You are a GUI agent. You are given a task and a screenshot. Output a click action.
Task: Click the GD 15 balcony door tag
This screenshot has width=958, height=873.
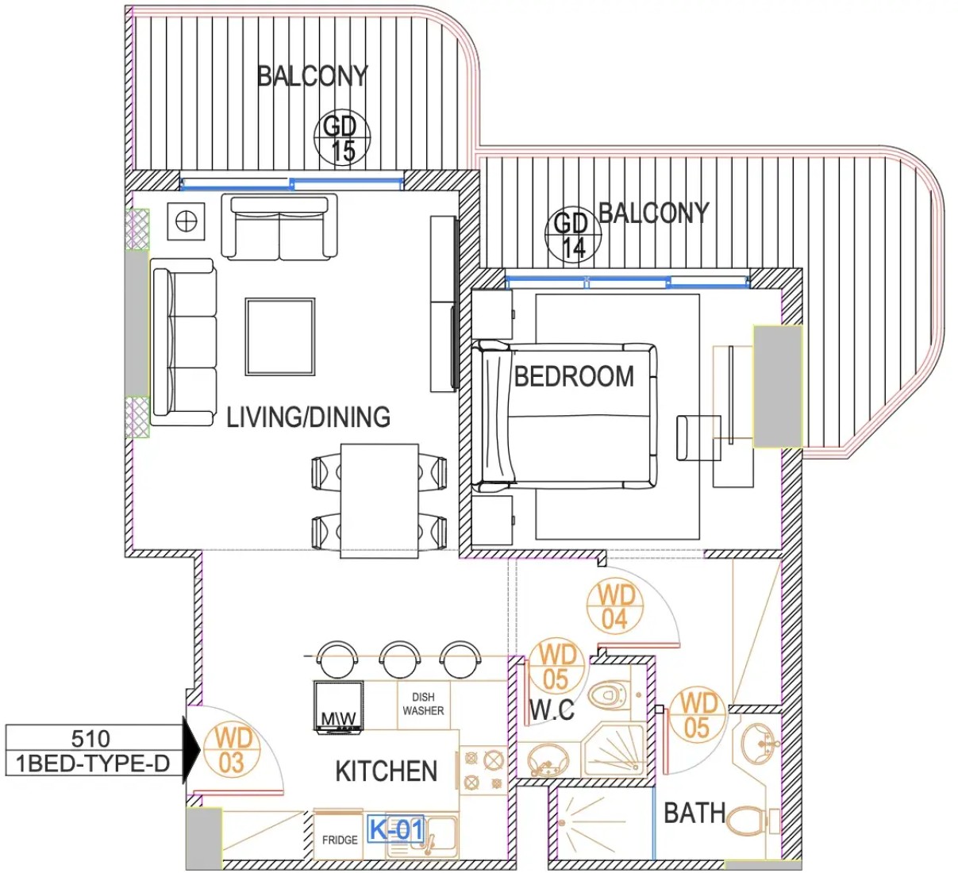tap(342, 138)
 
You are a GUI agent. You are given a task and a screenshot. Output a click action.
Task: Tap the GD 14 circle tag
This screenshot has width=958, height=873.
tap(573, 234)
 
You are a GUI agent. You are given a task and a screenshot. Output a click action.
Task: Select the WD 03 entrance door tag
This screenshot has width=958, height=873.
tap(232, 749)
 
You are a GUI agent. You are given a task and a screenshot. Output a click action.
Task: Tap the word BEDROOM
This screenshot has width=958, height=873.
tap(574, 376)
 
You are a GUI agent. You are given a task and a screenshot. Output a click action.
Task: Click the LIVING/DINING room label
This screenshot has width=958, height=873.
tap(308, 417)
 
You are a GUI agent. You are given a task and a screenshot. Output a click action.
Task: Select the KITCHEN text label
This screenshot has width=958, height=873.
tap(386, 771)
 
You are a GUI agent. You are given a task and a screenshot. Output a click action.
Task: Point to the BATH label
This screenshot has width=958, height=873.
tap(694, 813)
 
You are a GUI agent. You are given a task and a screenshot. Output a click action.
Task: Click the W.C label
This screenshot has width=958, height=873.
tap(552, 710)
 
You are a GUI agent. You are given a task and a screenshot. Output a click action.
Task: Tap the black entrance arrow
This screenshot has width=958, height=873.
tap(191, 749)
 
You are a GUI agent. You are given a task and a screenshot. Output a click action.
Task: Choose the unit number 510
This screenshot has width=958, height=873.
tap(90, 738)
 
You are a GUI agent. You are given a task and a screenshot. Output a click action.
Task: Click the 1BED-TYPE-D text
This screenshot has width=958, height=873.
tap(93, 763)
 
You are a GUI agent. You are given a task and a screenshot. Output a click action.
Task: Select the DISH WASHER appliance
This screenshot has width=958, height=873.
tap(423, 705)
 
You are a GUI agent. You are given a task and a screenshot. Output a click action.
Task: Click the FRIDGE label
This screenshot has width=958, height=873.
tap(340, 840)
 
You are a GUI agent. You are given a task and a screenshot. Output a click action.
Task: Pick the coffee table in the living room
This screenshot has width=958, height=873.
tap(280, 337)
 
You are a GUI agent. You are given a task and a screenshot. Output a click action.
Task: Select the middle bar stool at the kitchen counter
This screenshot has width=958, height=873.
tap(400, 659)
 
